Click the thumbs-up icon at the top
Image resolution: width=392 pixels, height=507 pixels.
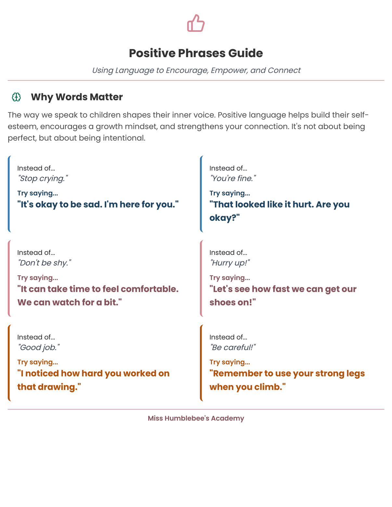(x=196, y=23)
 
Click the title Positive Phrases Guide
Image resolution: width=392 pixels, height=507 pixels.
(x=196, y=53)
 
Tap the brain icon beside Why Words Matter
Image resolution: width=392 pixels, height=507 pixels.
(x=16, y=97)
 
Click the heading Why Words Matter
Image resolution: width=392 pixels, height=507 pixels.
(x=77, y=97)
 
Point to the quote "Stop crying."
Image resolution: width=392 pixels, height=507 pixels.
(x=43, y=178)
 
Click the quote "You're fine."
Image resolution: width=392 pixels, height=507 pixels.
(x=233, y=178)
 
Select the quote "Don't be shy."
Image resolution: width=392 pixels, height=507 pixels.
(x=44, y=263)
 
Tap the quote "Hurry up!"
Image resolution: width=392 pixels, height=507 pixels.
(x=230, y=263)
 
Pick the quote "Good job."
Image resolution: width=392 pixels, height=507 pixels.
(x=38, y=348)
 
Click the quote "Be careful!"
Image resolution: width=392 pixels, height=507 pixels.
(x=232, y=348)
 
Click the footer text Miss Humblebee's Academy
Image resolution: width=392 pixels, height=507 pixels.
(x=196, y=418)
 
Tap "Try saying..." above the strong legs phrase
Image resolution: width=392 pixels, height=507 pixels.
(x=229, y=362)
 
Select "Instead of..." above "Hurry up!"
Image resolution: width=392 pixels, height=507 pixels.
(x=228, y=253)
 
